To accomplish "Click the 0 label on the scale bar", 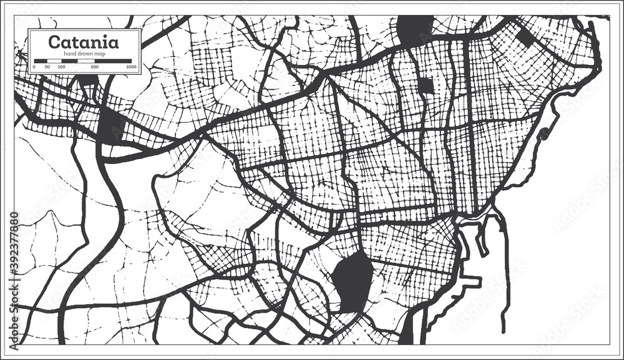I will click(x=35, y=66).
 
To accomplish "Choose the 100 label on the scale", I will click(x=61, y=66).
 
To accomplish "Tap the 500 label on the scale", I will click(x=94, y=66).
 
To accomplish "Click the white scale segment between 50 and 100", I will click(x=55, y=61).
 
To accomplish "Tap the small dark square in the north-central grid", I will click(x=426, y=85).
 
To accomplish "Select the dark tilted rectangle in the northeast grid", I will click(x=525, y=37).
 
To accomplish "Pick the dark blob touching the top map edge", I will click(x=415, y=28).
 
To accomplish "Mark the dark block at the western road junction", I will click(x=111, y=127).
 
